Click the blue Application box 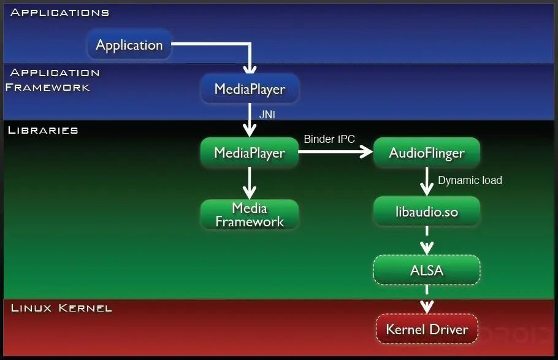point(129,45)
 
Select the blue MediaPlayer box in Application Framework point(250,90)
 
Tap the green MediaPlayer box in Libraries point(250,153)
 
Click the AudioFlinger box point(426,153)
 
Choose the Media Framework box point(250,215)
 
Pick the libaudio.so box point(426,212)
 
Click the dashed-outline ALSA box point(426,270)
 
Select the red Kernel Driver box point(426,329)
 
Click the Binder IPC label point(329,139)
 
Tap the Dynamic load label point(470,180)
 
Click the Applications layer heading point(60,12)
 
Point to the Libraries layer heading point(43,130)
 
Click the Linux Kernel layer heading point(61,307)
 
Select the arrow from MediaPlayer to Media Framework point(250,182)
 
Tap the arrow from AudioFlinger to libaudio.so point(426,181)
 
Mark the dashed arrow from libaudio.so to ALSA point(426,240)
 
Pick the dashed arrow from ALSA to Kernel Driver point(426,301)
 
